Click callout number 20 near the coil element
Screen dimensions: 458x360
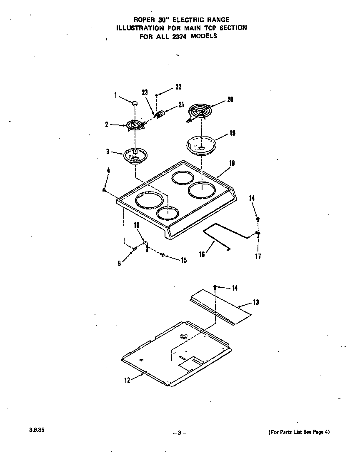(230, 100)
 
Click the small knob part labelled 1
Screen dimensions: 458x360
(135, 102)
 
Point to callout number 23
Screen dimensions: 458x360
(145, 93)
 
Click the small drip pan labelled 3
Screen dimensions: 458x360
(135, 156)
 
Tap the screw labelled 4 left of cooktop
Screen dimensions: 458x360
(104, 190)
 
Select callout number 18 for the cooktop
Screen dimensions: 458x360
(232, 163)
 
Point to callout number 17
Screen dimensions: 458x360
(258, 256)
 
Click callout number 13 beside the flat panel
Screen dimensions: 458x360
(256, 302)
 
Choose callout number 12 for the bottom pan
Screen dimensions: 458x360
(127, 380)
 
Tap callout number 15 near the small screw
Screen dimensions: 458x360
(183, 261)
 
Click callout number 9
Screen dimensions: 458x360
(119, 264)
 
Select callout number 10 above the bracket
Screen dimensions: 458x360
(136, 225)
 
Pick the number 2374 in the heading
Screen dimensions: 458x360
(182, 36)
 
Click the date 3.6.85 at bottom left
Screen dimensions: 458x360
(37, 431)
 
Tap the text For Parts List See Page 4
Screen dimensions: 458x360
(298, 432)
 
